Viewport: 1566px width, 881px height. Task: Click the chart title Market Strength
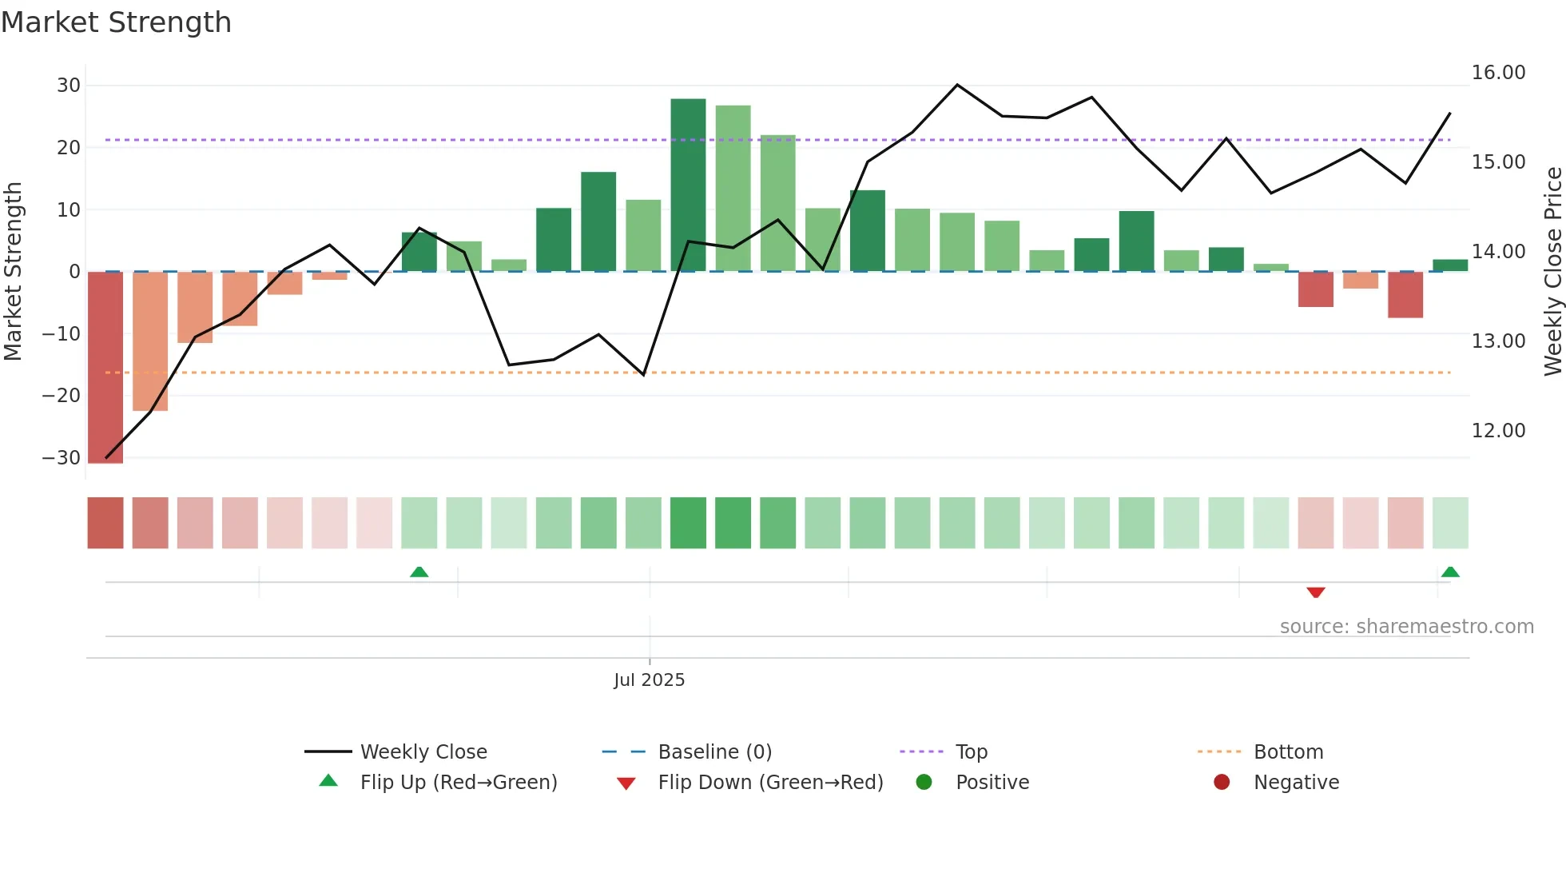pos(116,22)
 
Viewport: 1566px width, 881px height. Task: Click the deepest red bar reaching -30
pos(105,368)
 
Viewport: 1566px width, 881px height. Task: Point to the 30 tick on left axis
pos(69,86)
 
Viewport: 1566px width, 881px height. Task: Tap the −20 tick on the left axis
pos(62,396)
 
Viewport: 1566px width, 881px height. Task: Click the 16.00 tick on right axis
pos(1498,73)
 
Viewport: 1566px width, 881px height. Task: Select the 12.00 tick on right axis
pos(1498,431)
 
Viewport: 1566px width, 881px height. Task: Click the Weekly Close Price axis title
pos(1552,272)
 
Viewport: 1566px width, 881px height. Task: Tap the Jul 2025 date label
pos(649,680)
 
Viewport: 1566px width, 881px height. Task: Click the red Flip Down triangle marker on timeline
pos(1316,592)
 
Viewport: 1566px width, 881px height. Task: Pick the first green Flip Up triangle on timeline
pos(419,572)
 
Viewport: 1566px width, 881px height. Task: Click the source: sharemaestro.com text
pos(1406,627)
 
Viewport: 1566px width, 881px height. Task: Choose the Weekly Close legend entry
pos(423,752)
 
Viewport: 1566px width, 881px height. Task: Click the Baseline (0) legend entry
pos(714,752)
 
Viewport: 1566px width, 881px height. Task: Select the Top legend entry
pos(971,752)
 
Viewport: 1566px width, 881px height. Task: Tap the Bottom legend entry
pos(1288,752)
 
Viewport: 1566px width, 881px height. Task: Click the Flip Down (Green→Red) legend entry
pos(769,783)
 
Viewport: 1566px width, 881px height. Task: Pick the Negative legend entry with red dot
pos(1295,783)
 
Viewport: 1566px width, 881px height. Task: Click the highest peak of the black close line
pos(957,85)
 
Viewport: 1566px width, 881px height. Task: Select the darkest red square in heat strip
pos(105,523)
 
